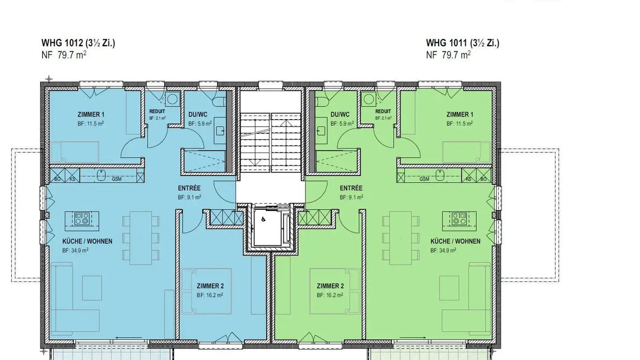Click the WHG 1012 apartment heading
pos(78,43)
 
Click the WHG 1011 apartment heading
pos(463,43)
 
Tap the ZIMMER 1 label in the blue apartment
pos(91,115)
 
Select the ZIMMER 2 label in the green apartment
pos(330,286)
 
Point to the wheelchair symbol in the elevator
pos(264,219)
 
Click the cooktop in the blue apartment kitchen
pos(82,219)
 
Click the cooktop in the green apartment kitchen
pos(459,219)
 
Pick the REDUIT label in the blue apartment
pos(157,112)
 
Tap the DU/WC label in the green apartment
pos(341,115)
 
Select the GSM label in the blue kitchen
pos(116,179)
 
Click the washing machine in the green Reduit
pos(368,98)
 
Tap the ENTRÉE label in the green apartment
pos(351,188)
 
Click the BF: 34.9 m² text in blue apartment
pos(75,250)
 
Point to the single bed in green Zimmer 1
pos(466,152)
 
